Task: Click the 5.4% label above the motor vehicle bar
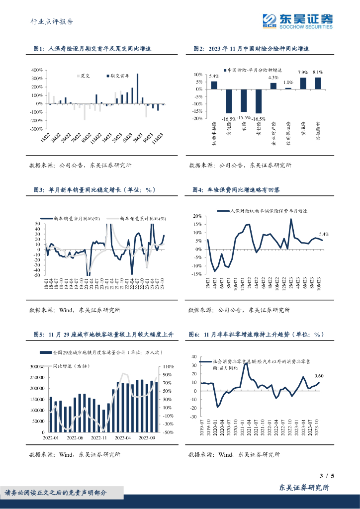213,76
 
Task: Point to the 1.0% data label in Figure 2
288,83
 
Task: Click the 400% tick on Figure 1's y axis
36,70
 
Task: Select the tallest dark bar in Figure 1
137,88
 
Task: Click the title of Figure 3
94,189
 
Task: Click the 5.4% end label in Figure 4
324,234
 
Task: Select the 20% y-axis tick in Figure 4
196,216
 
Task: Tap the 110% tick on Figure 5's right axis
167,366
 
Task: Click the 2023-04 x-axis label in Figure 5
122,437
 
